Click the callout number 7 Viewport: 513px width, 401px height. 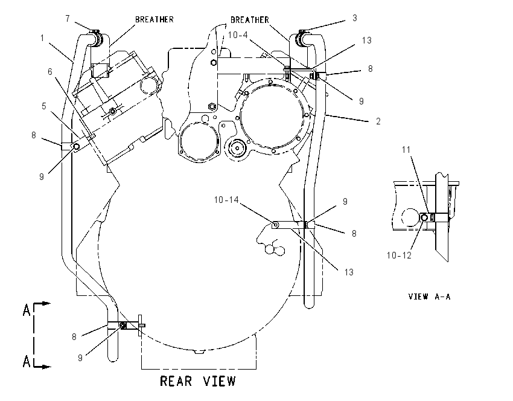pyautogui.click(x=68, y=19)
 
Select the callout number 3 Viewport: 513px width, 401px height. pyautogui.click(x=355, y=18)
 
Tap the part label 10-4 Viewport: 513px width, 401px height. pyautogui.click(x=238, y=34)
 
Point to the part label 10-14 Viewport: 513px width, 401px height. pyautogui.click(x=226, y=200)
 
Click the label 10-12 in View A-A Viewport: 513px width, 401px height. pyautogui.click(x=399, y=255)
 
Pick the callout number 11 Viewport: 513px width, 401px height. pyautogui.click(x=406, y=150)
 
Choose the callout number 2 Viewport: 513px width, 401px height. pyautogui.click(x=378, y=121)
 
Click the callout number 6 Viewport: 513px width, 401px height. pyautogui.click(x=49, y=72)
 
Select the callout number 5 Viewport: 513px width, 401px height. pyautogui.click(x=44, y=106)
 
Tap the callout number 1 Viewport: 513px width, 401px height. pyautogui.click(x=42, y=38)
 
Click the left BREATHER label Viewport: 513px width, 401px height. pyautogui.click(x=155, y=20)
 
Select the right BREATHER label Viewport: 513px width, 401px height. pyautogui.click(x=250, y=20)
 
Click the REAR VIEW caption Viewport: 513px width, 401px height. pyautogui.click(x=197, y=381)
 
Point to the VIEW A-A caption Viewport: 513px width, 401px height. pyautogui.click(x=429, y=297)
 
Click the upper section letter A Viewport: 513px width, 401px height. pyautogui.click(x=27, y=310)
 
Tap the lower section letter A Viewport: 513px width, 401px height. pyautogui.click(x=27, y=361)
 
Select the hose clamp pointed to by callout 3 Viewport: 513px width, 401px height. pyautogui.click(x=301, y=37)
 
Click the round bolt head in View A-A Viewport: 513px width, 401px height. pyautogui.click(x=424, y=217)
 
